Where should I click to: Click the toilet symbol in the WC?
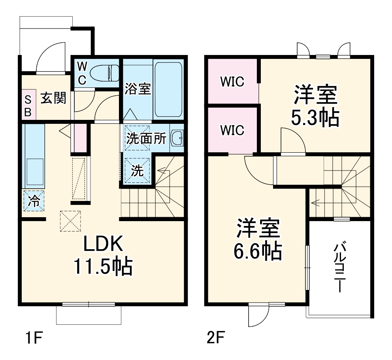104,73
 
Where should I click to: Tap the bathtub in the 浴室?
168,89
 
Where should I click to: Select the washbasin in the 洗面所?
177,138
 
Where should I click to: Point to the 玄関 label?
53,98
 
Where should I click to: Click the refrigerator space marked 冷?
34,201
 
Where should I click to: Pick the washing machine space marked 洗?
137,171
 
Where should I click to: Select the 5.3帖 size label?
315,117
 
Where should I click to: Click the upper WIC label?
232,81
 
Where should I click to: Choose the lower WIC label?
232,130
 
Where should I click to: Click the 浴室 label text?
138,89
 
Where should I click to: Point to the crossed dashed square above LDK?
70,221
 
